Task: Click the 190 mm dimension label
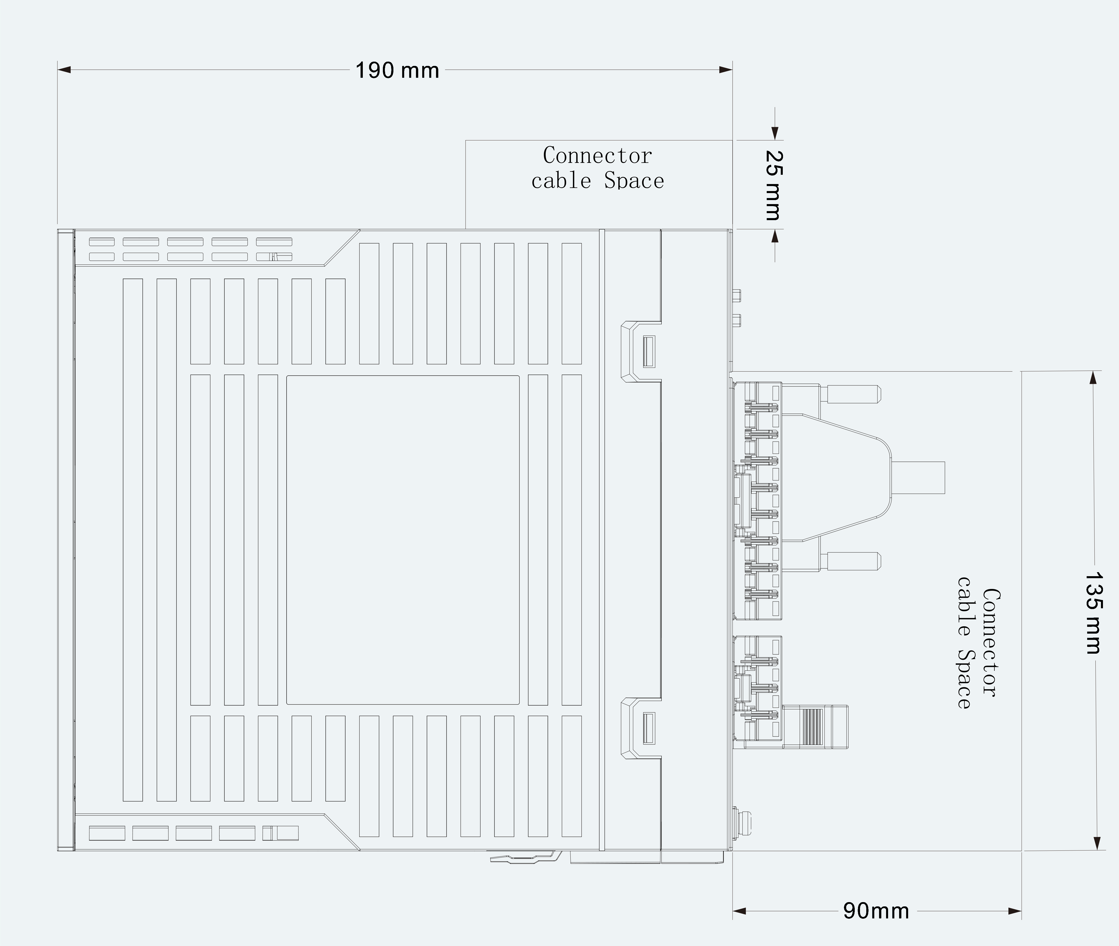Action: click(397, 70)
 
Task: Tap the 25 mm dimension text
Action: click(773, 185)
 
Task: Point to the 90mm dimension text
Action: click(876, 911)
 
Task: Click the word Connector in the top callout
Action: click(597, 155)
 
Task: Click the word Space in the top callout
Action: click(634, 181)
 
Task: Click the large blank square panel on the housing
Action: click(403, 540)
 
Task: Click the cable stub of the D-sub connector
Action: click(917, 477)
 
